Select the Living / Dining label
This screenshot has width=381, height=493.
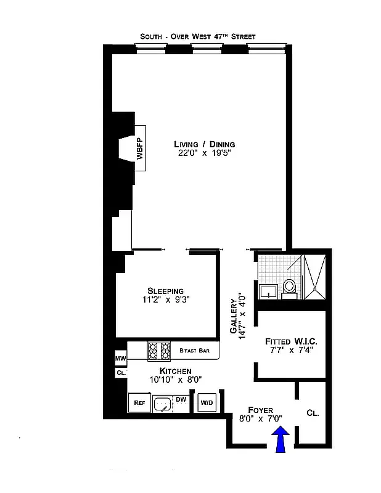[x=204, y=144]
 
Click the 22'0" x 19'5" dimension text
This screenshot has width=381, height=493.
[x=204, y=154]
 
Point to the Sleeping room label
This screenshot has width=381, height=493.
[x=165, y=291]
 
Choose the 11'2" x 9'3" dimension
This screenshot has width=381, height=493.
[x=165, y=301]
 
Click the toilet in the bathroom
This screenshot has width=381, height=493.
[x=289, y=287]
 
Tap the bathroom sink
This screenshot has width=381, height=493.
[x=268, y=290]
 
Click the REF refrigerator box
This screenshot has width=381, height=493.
[x=139, y=403]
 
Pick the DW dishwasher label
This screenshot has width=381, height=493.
[x=181, y=400]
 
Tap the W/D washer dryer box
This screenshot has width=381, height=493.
[x=206, y=403]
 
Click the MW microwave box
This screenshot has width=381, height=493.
[x=120, y=358]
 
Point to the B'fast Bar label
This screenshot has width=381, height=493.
[x=195, y=351]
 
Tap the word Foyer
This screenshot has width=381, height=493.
[x=260, y=409]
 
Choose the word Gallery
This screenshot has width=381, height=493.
[x=234, y=317]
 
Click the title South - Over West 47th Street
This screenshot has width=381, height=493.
[x=197, y=37]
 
